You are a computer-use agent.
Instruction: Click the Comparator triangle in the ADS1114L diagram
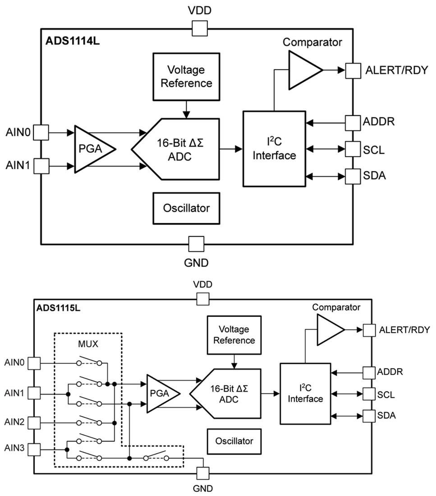pos(303,70)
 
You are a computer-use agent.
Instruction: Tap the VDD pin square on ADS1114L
pos(199,29)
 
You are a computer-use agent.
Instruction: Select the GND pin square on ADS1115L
pos(203,473)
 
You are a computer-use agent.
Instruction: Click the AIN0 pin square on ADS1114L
pos(41,133)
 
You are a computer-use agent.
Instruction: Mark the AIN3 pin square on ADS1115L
pos(34,450)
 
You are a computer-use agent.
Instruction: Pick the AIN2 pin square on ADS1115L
pos(34,423)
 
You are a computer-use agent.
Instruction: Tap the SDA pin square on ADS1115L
pos(370,415)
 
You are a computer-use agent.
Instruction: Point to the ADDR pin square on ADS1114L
pos(352,122)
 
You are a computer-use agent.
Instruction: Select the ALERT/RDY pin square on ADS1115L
pos(370,330)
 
